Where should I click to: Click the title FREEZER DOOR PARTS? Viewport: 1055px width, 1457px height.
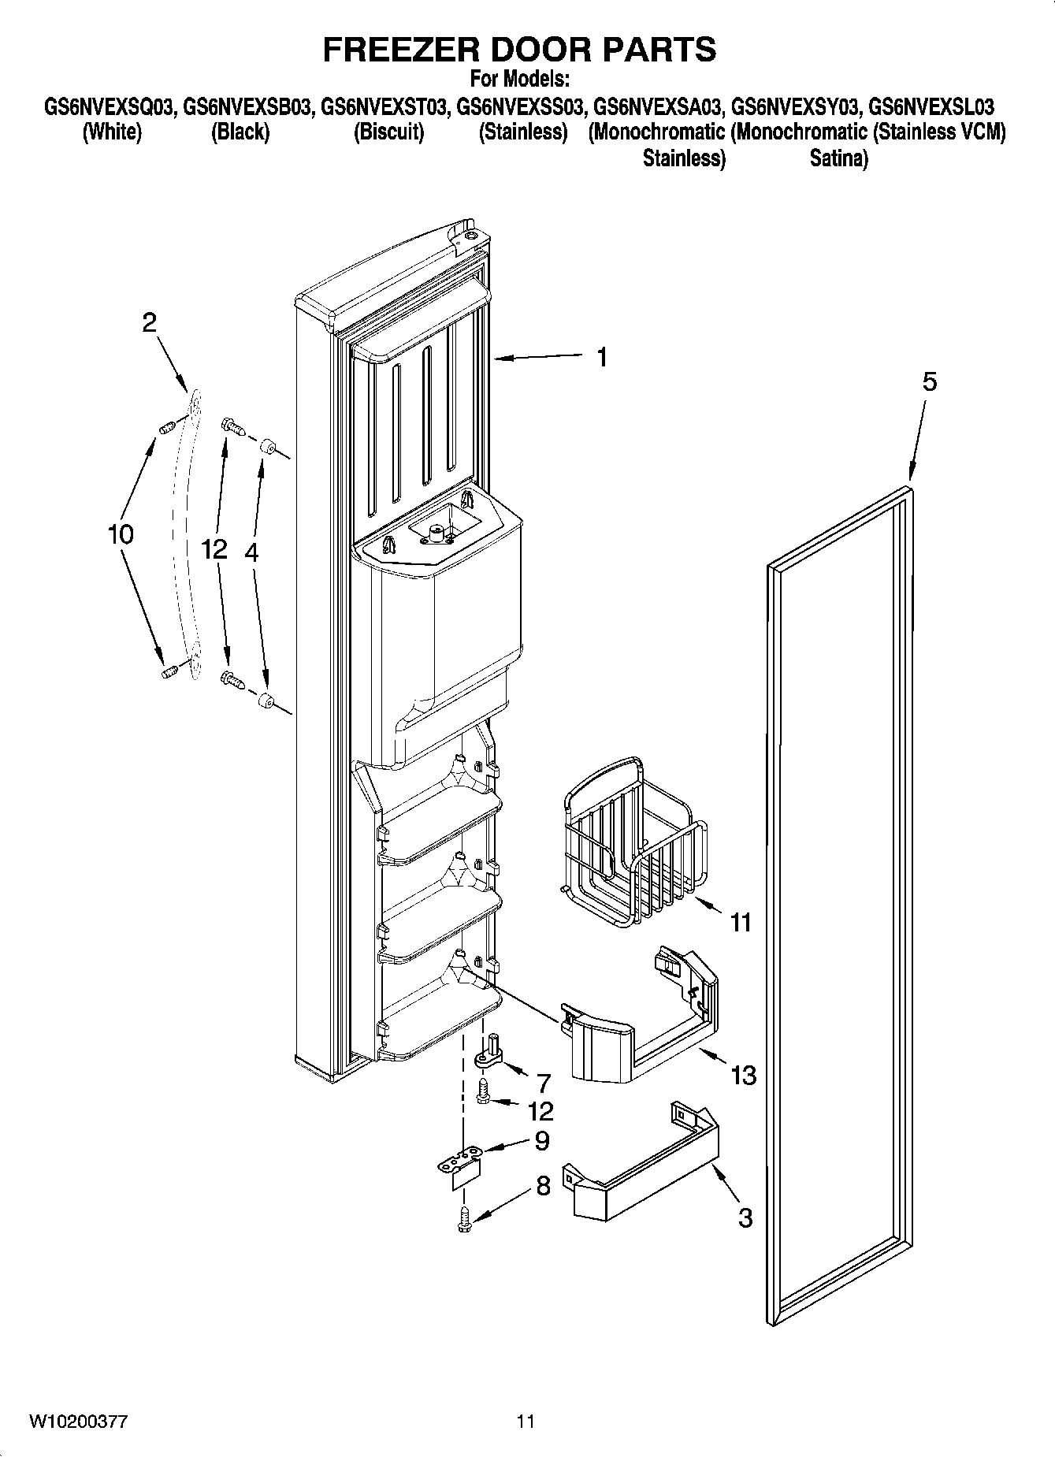pos(519,49)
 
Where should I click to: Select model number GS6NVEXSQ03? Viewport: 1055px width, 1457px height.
pos(109,106)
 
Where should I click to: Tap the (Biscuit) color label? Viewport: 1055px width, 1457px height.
pos(388,132)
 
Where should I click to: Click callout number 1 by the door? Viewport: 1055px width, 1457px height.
pos(602,358)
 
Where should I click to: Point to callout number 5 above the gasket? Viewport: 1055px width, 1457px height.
pos(930,382)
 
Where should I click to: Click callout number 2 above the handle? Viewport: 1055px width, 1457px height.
pos(149,322)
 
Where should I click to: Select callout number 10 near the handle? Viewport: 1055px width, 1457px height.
pos(121,534)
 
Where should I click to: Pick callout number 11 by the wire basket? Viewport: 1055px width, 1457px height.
pos(741,922)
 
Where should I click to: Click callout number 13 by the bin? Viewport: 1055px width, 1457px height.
pos(744,1075)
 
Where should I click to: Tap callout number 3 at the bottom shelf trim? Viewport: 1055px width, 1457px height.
pos(745,1217)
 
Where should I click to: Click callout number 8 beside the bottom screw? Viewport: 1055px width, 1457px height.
pos(543,1186)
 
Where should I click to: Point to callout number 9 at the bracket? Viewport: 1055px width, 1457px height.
pos(542,1140)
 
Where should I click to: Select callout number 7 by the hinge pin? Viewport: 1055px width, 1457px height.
pos(543,1083)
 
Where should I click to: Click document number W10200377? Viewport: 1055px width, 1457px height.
pos(79,1422)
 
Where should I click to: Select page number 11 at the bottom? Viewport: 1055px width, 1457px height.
pos(526,1422)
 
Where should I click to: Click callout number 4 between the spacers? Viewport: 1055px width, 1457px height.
pos(251,552)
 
